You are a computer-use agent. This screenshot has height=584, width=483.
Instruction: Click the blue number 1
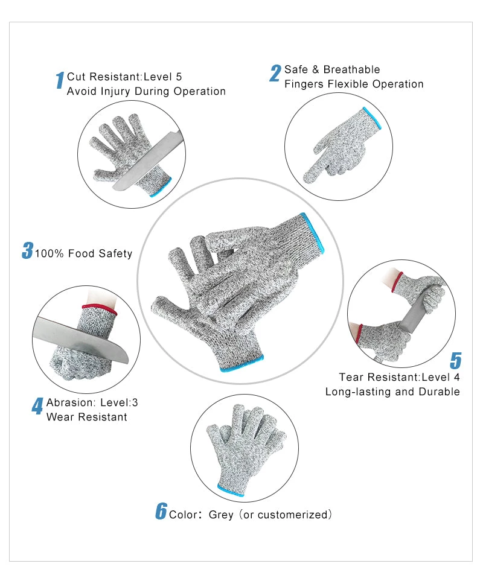60,81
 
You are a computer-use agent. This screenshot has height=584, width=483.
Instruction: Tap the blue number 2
275,74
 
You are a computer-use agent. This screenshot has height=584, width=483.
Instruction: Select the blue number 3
27,251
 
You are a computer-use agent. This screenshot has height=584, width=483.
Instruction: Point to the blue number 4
37,406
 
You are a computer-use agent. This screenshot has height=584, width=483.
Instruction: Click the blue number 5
456,360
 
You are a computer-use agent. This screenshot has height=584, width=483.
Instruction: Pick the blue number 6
161,511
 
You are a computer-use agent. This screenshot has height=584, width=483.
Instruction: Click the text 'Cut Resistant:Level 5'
124,77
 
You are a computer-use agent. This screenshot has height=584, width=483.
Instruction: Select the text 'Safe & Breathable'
332,69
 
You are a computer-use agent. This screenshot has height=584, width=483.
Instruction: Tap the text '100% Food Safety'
83,253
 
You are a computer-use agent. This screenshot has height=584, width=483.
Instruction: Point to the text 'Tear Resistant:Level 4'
399,377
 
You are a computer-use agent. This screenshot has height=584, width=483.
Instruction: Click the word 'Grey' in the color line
221,515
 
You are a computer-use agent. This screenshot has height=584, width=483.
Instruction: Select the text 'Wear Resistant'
86,417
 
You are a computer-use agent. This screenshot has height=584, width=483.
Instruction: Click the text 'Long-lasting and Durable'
392,392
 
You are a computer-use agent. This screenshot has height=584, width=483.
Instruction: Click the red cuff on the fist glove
99,310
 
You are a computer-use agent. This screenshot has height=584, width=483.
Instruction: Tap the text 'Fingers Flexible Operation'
354,84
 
